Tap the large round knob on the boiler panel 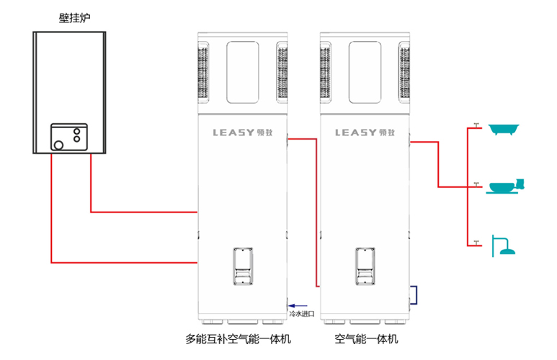58,143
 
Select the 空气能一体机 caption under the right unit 366,338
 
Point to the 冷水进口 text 301,313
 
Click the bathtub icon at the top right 503,130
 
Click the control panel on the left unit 242,267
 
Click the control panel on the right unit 365,267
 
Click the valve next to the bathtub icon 477,126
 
